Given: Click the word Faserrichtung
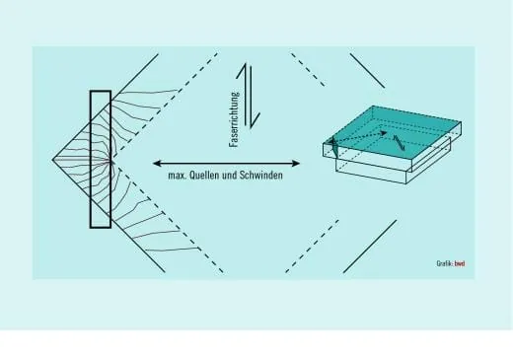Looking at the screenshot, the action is pyautogui.click(x=235, y=119).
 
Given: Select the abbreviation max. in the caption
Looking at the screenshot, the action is pyautogui.click(x=178, y=176).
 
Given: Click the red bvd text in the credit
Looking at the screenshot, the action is pyautogui.click(x=460, y=263).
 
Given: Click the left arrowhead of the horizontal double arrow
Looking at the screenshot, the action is pyautogui.click(x=157, y=163).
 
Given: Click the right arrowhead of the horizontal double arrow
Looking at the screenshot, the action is pyautogui.click(x=296, y=163).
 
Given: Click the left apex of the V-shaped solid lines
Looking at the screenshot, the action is pyautogui.click(x=52, y=160).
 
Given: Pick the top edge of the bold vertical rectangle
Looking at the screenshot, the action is pyautogui.click(x=101, y=91).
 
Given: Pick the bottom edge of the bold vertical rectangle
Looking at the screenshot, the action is pyautogui.click(x=101, y=227).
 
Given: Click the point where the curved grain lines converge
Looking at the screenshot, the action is pyautogui.click(x=111, y=161).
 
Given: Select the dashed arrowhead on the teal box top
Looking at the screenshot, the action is pyautogui.click(x=383, y=133).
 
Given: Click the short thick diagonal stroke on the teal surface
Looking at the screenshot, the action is pyautogui.click(x=399, y=143).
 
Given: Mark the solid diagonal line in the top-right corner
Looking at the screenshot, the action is pyautogui.click(x=367, y=71).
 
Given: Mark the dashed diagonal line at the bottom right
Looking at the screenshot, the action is pyautogui.click(x=312, y=247).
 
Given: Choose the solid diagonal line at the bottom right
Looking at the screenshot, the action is pyautogui.click(x=370, y=247).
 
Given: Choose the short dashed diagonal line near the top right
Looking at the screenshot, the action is pyautogui.click(x=308, y=69).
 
